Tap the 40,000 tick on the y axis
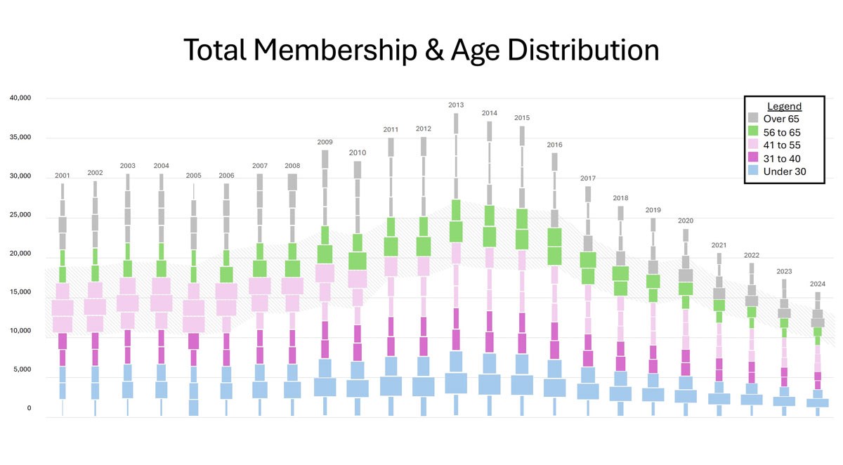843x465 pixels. (x=20, y=98)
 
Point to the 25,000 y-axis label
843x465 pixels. (x=20, y=214)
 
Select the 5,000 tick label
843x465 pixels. (x=22, y=369)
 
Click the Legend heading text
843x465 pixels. (x=784, y=106)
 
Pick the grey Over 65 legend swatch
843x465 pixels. (x=753, y=119)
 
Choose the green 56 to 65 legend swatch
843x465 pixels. (x=753, y=132)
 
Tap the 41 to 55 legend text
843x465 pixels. (x=782, y=145)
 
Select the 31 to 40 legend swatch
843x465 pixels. (x=753, y=158)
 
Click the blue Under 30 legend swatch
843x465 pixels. (x=753, y=171)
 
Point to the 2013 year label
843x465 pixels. (x=456, y=105)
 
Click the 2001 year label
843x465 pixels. (x=63, y=176)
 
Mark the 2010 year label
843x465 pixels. (x=358, y=152)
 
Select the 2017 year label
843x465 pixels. (x=588, y=178)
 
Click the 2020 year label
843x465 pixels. (x=686, y=221)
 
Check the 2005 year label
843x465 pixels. (x=194, y=176)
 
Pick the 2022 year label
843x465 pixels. (x=752, y=255)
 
